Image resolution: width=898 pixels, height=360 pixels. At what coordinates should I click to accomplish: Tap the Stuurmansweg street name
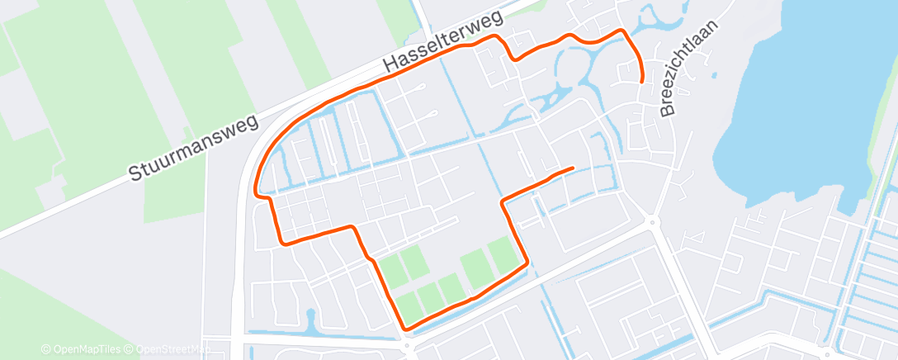194,149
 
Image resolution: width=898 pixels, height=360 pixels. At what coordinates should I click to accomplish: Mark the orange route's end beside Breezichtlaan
642,80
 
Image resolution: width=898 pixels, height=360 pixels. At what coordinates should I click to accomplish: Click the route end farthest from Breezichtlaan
572,168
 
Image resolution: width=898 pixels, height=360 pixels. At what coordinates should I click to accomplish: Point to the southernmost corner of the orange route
405,328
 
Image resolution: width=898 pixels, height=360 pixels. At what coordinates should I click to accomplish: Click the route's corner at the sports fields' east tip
526,264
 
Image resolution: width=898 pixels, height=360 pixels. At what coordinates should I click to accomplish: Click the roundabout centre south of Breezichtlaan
651,221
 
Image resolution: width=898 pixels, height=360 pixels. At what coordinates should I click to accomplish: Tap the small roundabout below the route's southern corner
406,348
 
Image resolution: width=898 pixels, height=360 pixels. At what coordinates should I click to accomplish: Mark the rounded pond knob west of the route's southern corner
310,315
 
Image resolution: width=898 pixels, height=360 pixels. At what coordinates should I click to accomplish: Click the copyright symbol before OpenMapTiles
45,349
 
